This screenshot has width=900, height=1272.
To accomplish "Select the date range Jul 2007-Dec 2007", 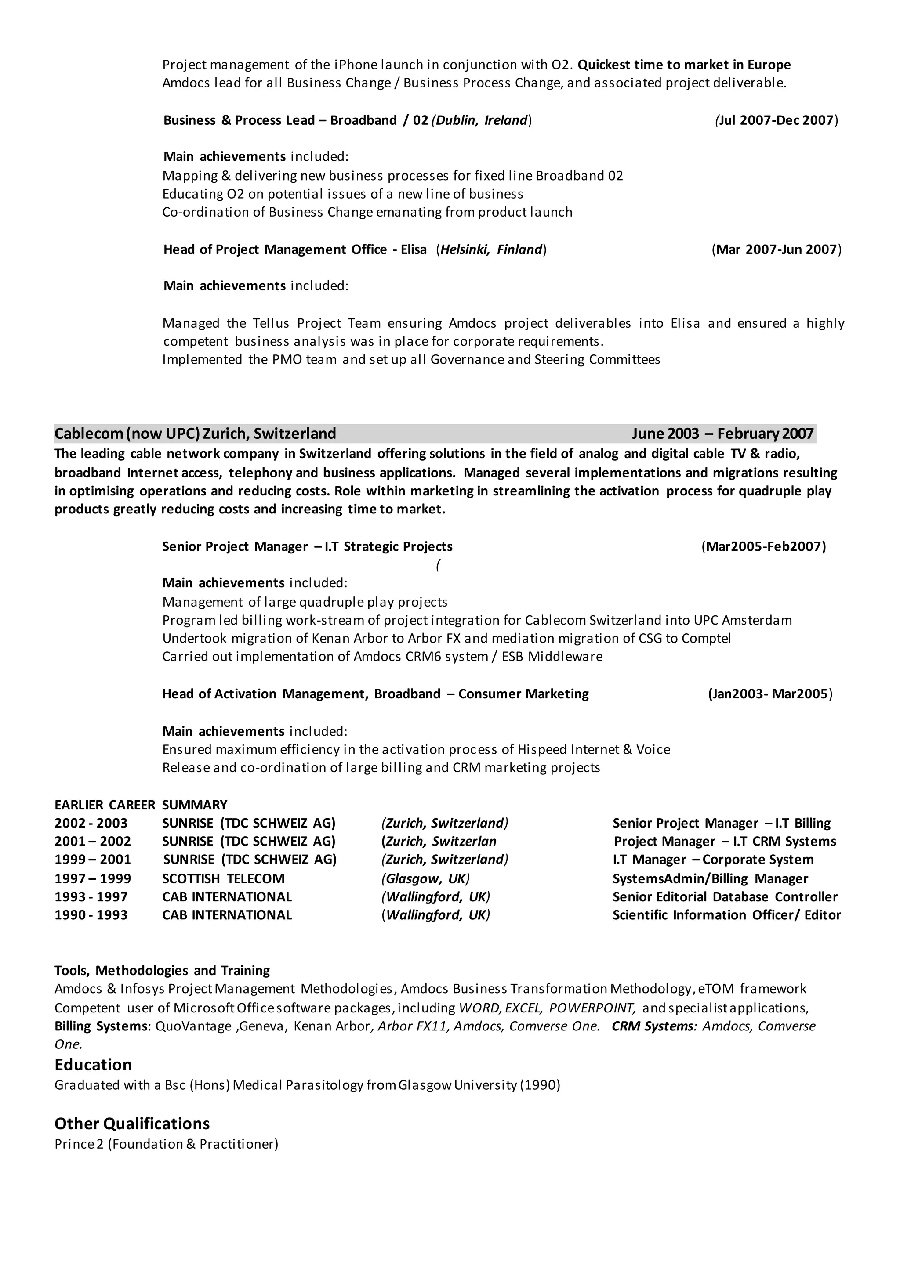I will point(777,120).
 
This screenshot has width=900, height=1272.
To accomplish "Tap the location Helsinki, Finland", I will point(491,249).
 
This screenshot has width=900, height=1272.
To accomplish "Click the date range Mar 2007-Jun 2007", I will point(777,249).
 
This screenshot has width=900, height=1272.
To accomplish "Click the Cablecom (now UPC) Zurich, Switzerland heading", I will point(195,433).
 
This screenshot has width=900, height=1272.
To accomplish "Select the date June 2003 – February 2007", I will point(722,433).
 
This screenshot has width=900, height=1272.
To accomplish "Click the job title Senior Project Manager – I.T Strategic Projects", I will point(307,547).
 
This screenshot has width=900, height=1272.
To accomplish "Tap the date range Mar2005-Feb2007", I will point(764,547).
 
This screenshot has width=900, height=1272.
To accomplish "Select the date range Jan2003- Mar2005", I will point(770,694).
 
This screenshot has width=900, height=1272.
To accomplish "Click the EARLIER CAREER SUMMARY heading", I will point(141,805).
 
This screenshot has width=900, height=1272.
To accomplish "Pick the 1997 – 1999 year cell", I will point(93,878).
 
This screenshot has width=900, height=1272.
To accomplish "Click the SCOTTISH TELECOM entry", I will point(223,878).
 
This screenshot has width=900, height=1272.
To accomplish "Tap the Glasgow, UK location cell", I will point(425,878).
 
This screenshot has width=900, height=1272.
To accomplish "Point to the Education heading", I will point(93,1064).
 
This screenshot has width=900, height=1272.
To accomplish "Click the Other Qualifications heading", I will point(132,1124).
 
